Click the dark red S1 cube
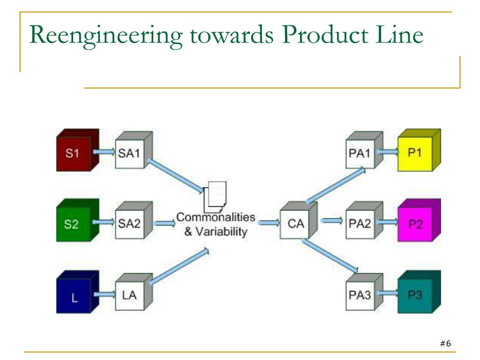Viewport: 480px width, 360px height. [x=78, y=150]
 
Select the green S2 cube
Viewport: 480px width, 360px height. [x=78, y=220]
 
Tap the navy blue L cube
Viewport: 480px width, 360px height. [x=78, y=292]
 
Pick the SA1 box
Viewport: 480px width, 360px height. [x=134, y=150]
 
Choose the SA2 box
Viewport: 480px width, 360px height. [x=134, y=220]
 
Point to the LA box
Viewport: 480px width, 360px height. [x=134, y=292]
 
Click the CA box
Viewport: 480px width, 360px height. [x=299, y=220]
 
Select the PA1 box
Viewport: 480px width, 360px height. [x=364, y=150]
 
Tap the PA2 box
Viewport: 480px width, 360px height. [x=364, y=220]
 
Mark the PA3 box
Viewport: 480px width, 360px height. [x=364, y=292]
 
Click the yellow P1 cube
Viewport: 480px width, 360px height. [x=419, y=150]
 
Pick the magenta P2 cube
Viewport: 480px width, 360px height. [x=419, y=220]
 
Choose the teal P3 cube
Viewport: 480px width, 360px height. [x=419, y=292]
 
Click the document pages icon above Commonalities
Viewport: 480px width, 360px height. [x=215, y=197]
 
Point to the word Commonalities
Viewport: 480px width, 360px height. [x=216, y=217]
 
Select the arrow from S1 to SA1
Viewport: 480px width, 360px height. [x=104, y=152]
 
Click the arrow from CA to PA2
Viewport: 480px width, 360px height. [x=332, y=220]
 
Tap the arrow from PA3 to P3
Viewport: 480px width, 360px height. [x=388, y=293]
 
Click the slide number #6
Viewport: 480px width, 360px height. [x=445, y=344]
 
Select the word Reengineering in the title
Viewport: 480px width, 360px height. [x=106, y=36]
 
